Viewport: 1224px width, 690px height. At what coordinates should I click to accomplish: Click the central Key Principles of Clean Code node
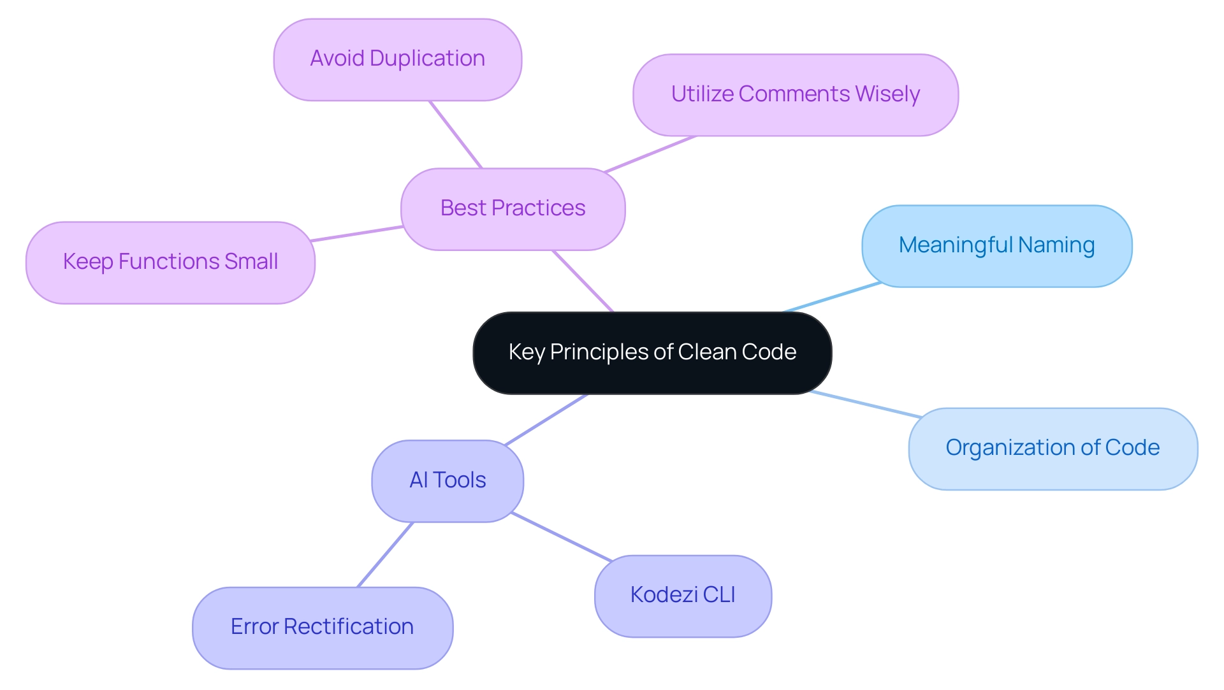coord(652,353)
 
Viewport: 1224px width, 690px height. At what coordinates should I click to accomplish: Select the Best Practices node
coord(513,209)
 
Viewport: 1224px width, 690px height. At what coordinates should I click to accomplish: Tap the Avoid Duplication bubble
coord(398,59)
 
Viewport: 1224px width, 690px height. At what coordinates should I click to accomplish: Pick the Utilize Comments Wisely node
coord(796,95)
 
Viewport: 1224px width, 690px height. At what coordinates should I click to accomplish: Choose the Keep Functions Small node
coord(170,262)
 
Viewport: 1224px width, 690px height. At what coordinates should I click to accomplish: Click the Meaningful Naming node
coord(997,246)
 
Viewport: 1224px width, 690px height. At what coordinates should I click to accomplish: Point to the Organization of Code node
coord(1053,449)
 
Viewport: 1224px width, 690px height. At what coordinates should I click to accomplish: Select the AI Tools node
coord(448,481)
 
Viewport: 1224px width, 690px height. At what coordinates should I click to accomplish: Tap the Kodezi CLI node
coord(683,596)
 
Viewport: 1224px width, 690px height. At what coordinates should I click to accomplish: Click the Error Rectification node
coord(323,628)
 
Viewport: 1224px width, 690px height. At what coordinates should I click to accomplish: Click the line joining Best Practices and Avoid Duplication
coord(456,134)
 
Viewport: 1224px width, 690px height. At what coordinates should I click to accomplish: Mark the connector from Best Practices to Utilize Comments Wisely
coord(650,154)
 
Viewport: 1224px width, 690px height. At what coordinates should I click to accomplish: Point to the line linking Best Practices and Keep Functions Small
coord(357,233)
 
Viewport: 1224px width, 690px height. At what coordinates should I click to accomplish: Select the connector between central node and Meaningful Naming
coord(832,298)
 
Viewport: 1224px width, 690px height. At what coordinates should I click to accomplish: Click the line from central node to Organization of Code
coord(866,405)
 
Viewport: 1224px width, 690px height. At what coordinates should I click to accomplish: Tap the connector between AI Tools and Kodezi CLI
coord(562,537)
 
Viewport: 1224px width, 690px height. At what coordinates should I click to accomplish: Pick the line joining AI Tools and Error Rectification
coord(385,554)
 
